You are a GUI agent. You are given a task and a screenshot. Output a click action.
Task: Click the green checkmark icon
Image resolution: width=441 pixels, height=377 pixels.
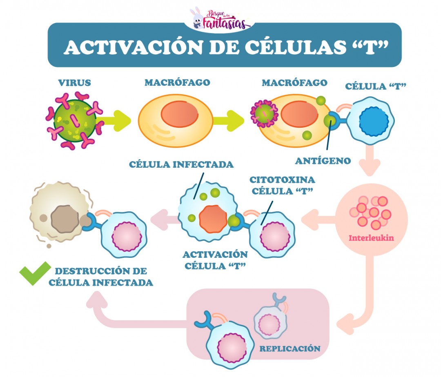pos(35,275)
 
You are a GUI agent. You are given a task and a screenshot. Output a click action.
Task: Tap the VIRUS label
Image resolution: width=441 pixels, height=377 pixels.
pos(74,83)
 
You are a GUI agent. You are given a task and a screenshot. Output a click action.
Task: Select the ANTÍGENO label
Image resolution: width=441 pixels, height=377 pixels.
pos(323,161)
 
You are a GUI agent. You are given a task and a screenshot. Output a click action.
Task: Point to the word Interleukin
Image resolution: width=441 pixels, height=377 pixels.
pos(371,238)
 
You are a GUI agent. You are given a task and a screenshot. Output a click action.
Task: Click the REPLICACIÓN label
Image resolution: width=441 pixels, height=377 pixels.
pos(290,349)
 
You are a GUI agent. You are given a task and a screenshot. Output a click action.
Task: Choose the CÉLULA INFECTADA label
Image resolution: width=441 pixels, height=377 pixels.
pos(181,164)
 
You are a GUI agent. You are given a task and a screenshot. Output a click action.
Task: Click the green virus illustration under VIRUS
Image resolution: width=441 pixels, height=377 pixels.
pos(75,122)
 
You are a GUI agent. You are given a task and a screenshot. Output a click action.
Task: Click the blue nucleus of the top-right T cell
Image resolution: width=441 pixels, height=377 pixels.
pos(373,121)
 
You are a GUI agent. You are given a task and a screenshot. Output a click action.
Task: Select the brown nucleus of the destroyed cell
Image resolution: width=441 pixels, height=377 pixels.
pos(65,219)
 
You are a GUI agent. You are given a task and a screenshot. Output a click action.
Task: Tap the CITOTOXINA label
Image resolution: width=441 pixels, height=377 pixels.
pos(282,180)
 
